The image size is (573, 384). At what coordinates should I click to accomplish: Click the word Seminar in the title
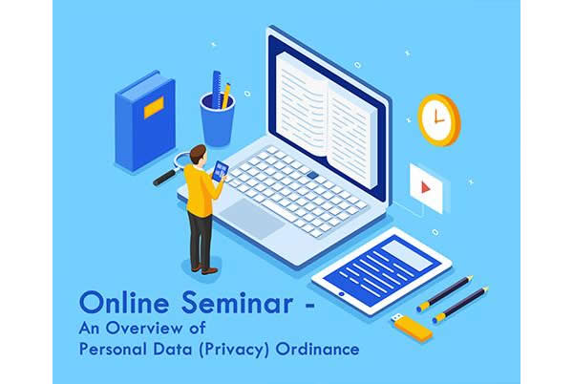[237, 302]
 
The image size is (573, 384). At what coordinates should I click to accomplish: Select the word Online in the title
[124, 302]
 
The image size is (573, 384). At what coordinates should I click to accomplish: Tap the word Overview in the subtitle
[144, 328]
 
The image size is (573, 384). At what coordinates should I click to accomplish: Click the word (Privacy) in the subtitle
[234, 350]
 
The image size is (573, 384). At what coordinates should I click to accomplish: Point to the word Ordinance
[317, 349]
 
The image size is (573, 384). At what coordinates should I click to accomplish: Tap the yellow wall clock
[439, 120]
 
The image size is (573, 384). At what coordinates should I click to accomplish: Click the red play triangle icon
[425, 187]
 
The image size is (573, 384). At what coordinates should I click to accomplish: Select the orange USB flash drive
[412, 327]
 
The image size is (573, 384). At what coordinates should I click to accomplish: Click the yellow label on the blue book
[154, 107]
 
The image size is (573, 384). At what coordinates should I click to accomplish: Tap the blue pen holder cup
[217, 119]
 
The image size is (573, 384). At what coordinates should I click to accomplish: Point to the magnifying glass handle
[165, 178]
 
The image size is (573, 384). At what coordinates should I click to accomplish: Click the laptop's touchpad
[252, 218]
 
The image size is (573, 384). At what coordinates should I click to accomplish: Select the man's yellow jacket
[201, 190]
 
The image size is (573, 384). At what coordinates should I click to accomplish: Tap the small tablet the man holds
[221, 171]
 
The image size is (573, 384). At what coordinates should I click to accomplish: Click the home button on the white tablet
[341, 294]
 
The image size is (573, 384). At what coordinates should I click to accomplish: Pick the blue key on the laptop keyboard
[312, 175]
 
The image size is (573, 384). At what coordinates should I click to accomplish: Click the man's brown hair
[198, 153]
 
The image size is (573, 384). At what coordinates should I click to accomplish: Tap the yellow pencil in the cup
[226, 96]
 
